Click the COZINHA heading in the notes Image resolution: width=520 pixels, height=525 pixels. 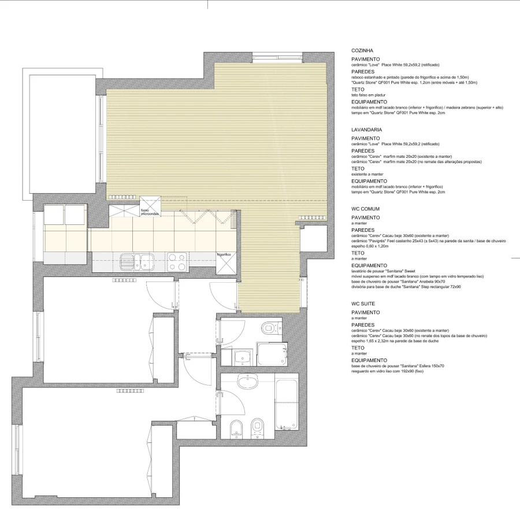click(362, 50)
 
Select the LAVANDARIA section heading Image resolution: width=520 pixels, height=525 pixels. click(367, 130)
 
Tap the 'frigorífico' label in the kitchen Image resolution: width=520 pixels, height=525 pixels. click(224, 254)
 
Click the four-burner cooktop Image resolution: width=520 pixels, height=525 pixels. click(177, 262)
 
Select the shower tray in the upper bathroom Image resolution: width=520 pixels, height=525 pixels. click(271, 354)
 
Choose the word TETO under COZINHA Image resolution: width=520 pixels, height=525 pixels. click(358, 89)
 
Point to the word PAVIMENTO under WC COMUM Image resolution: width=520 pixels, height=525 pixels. click(366, 218)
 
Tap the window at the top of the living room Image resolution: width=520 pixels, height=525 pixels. click(277, 57)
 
